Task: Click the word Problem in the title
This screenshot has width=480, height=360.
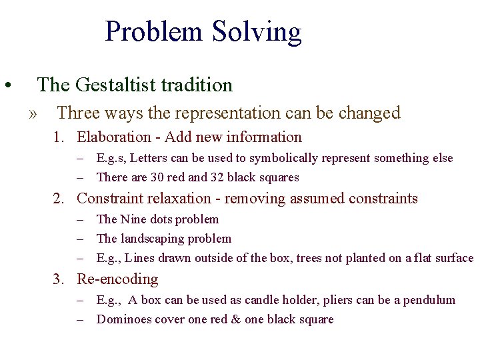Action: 153,31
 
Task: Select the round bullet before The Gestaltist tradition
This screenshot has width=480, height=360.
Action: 6,86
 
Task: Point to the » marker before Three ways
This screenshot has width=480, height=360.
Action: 33,113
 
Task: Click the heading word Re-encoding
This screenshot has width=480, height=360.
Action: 117,279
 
